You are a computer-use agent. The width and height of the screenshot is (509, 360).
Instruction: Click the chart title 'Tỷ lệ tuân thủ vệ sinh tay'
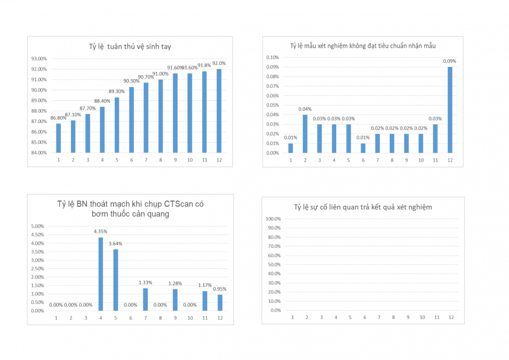click(x=130, y=47)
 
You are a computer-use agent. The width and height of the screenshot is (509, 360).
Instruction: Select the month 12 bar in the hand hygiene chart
click(x=220, y=111)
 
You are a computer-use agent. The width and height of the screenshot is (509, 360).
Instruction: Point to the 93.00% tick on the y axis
click(x=39, y=59)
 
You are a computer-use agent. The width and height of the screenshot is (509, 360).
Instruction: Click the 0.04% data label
click(x=305, y=109)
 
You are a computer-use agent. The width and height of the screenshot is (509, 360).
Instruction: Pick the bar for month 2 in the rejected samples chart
click(x=305, y=134)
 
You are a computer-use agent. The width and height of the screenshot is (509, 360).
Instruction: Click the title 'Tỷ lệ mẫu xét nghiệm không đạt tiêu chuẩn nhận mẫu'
click(x=363, y=46)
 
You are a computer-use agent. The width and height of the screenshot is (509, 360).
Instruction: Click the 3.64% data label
click(x=116, y=244)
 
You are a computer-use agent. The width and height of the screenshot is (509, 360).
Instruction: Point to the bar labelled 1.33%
click(x=146, y=299)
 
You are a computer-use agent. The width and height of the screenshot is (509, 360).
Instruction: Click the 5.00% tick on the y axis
click(x=38, y=226)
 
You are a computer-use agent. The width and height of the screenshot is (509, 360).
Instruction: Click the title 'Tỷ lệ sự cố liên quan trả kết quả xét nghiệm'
click(x=363, y=207)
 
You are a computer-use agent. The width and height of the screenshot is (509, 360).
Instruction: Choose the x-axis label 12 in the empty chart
click(x=451, y=317)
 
